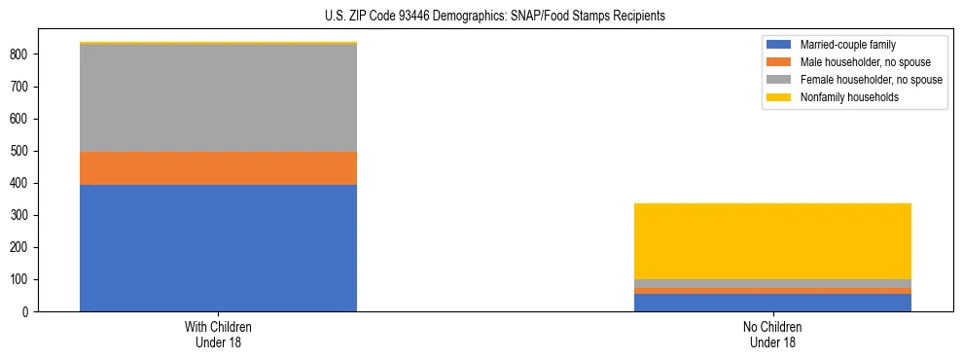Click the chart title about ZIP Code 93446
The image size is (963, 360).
495,17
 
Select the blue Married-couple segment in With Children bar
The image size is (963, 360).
218,248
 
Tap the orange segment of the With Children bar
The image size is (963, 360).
218,168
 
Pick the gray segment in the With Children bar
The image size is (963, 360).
218,97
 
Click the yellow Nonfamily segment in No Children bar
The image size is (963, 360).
772,241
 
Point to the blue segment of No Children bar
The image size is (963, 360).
772,303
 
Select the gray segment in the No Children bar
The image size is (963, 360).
772,283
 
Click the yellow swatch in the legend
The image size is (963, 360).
779,97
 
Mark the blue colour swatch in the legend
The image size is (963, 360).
779,45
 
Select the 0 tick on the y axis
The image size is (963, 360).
26,311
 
